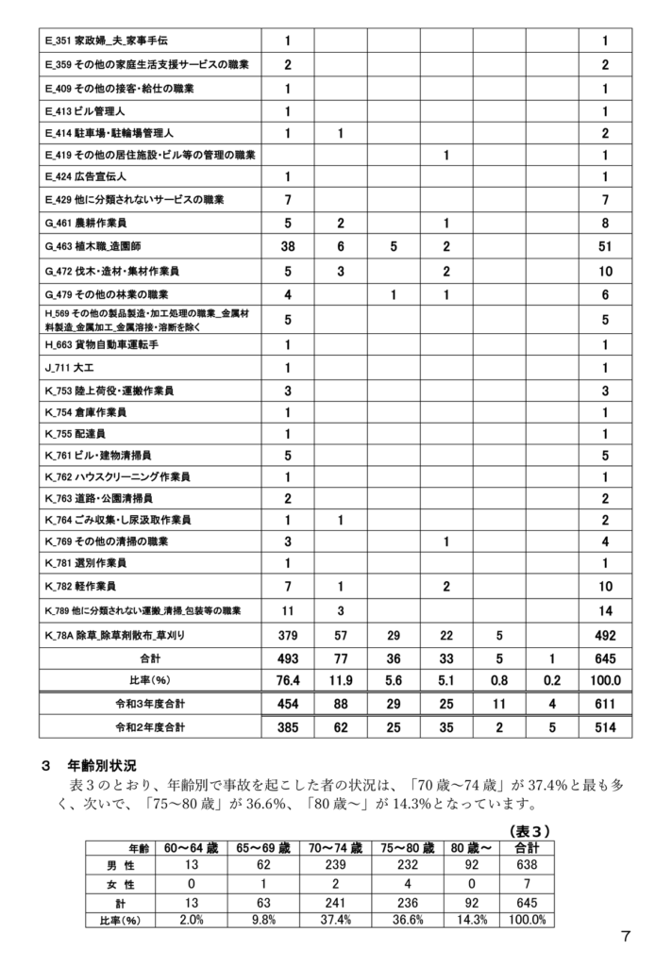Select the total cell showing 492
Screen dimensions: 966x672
(605, 634)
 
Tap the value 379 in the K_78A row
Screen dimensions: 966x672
(287, 634)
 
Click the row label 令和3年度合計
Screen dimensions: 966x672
(149, 704)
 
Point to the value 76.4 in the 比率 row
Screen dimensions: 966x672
(287, 679)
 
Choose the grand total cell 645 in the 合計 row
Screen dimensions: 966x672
(605, 657)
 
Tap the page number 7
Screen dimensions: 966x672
(626, 936)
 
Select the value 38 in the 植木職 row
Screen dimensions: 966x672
(287, 246)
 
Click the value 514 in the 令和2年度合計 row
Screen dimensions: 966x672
(605, 727)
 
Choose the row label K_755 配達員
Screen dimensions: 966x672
(78, 435)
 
